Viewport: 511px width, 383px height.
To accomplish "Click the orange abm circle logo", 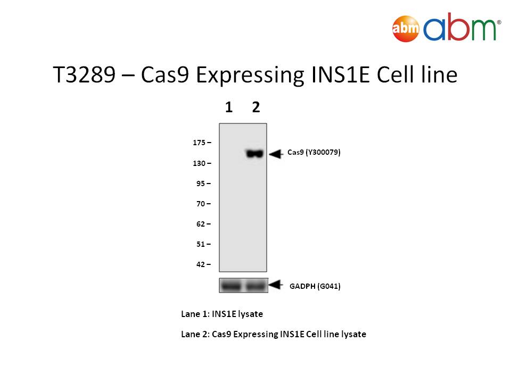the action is click(x=406, y=29).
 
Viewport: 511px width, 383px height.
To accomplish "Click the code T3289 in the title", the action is click(x=84, y=75).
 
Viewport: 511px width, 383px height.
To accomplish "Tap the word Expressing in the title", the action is click(x=250, y=76).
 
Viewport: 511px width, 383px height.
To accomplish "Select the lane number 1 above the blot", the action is click(x=229, y=107).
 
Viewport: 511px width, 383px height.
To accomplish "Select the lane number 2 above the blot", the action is click(x=256, y=107).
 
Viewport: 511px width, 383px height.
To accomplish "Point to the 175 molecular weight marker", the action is click(x=199, y=143).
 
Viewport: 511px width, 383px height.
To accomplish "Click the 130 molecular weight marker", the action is click(x=199, y=163).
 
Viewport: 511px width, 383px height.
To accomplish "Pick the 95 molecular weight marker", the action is click(x=201, y=184).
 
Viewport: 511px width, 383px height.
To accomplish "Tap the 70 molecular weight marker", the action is click(x=201, y=204).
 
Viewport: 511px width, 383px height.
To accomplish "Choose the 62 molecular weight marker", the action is click(x=201, y=224).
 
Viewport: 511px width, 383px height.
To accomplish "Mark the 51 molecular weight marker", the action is click(x=201, y=244).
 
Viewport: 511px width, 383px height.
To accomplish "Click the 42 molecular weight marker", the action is click(x=201, y=264).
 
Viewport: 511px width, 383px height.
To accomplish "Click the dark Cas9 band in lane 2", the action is click(x=254, y=153).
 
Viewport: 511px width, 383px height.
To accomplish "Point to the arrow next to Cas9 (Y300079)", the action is click(x=276, y=154).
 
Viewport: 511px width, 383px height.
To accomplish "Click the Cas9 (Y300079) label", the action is click(x=314, y=153).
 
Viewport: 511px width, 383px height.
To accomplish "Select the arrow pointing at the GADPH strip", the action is click(x=276, y=285).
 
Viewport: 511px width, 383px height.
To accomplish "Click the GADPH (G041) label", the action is click(x=315, y=286).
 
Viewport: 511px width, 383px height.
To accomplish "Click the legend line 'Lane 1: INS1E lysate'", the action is click(x=222, y=314).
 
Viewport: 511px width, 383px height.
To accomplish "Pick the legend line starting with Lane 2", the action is click(x=274, y=334).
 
